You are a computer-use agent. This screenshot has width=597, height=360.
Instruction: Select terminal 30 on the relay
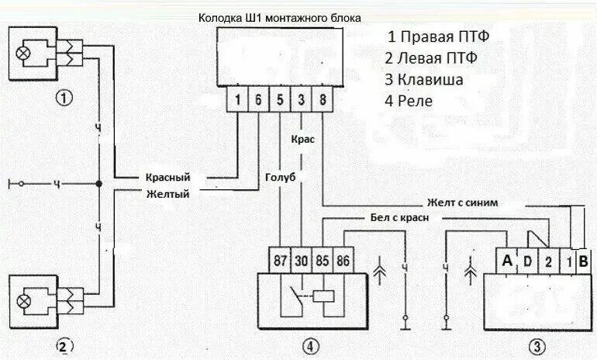[x=300, y=261]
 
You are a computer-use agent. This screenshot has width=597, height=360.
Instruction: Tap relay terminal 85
[x=321, y=261]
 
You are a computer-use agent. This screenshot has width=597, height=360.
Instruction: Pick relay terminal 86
[x=342, y=261]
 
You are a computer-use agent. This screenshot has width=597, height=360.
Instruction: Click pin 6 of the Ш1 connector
[x=258, y=99]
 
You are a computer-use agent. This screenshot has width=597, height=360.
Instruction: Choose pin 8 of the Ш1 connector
[x=322, y=99]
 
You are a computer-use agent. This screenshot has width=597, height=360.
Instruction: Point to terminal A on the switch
[x=507, y=261]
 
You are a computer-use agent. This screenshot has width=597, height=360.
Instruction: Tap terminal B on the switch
[x=583, y=261]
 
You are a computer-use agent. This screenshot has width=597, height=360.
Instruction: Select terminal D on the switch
[x=527, y=261]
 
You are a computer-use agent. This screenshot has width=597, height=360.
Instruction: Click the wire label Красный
[x=167, y=177]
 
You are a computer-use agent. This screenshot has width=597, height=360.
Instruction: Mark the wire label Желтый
[x=167, y=194]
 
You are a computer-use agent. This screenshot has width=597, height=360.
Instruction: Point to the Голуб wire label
[x=281, y=177]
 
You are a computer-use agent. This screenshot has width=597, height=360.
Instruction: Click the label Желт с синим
[x=473, y=202]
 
